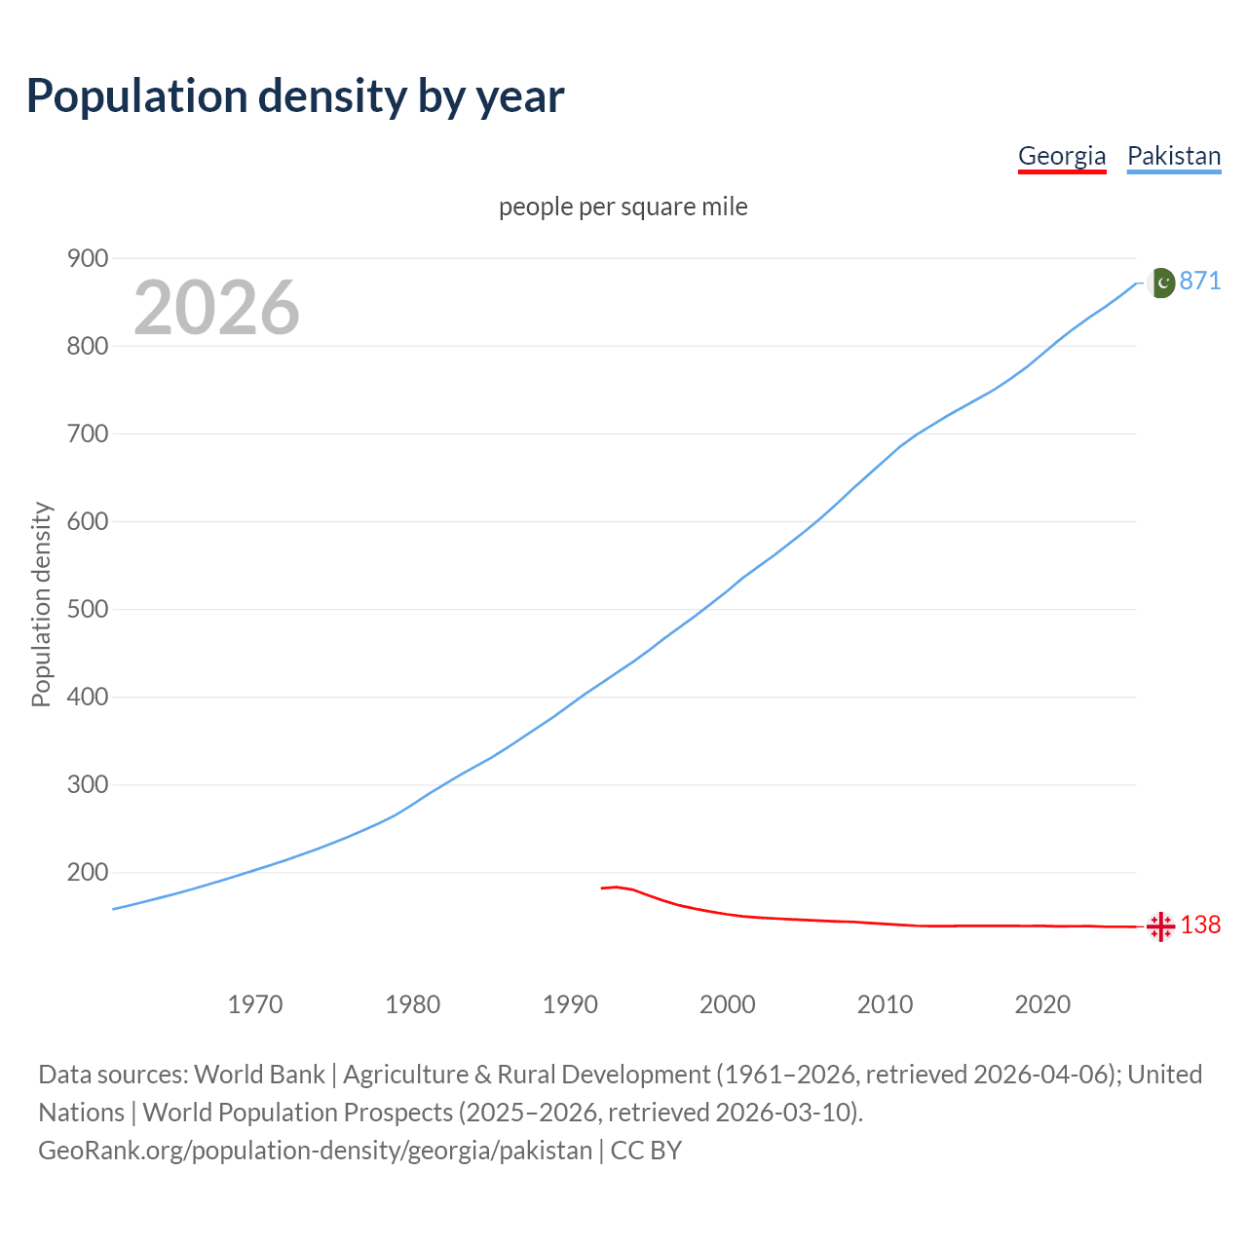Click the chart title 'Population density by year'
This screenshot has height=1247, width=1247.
pos(295,95)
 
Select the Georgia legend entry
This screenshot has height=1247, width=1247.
pos(1062,156)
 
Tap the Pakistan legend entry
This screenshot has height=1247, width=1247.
pos(1174,156)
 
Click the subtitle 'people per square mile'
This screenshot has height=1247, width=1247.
pos(623,207)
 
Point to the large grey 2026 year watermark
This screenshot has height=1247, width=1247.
pos(216,308)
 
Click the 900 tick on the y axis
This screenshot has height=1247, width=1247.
pos(87,258)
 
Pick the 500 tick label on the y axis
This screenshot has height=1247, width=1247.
pos(87,609)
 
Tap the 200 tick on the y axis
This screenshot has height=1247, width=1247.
pos(87,872)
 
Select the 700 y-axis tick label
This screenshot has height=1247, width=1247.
pos(87,434)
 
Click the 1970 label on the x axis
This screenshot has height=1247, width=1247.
pos(255,1003)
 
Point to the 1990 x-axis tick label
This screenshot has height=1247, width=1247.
pos(570,1003)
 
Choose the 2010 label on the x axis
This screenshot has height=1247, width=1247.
pos(885,1003)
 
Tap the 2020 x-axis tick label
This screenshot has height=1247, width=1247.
pos(1042,1003)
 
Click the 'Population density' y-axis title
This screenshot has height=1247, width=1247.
pos(41,604)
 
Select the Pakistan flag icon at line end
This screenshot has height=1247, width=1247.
pos(1160,283)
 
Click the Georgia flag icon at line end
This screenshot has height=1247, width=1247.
pos(1160,926)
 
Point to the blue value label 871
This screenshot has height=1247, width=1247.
pos(1200,281)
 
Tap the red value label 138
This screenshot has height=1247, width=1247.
pos(1200,925)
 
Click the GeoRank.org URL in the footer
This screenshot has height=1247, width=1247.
pos(315,1150)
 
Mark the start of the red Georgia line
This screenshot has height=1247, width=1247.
pos(602,888)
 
